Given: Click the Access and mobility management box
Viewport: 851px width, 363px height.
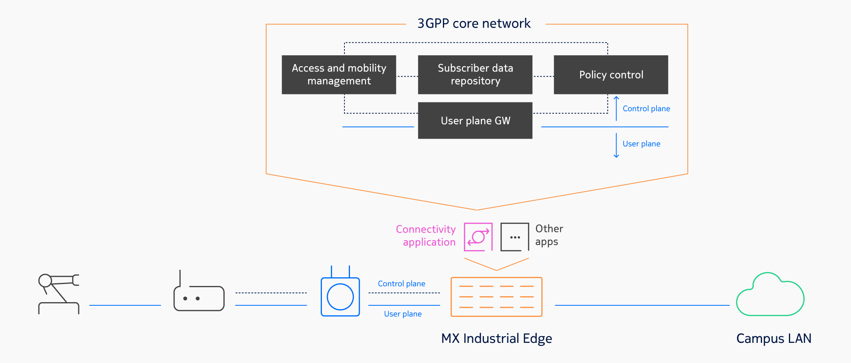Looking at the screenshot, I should [x=339, y=75].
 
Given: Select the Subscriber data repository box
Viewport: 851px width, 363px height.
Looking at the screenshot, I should [x=475, y=75].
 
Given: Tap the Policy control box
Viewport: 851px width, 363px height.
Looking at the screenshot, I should [x=611, y=75].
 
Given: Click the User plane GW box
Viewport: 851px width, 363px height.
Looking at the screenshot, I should [x=475, y=120].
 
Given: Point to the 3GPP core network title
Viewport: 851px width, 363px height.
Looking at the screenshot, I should [x=474, y=24].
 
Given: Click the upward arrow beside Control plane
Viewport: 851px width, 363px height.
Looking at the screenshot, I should [x=616, y=108].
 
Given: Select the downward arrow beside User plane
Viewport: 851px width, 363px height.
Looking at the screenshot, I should [x=616, y=145].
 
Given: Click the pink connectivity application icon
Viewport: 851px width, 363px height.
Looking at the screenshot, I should [x=478, y=237].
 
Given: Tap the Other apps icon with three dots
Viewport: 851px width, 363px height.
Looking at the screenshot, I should [x=514, y=237].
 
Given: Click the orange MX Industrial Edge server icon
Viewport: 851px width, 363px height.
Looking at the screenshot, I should [x=496, y=297].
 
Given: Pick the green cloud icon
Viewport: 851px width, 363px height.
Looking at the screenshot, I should [x=770, y=295].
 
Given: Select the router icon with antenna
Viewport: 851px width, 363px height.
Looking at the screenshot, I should [x=199, y=294].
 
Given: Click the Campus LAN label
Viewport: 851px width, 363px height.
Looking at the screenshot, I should [x=773, y=339].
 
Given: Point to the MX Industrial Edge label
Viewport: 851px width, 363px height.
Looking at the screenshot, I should [x=496, y=339].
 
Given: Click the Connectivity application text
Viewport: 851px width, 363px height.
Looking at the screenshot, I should [x=426, y=235].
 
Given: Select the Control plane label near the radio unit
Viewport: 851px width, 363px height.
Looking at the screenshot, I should [x=401, y=284].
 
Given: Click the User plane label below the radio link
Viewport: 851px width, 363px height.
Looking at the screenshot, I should [x=403, y=314].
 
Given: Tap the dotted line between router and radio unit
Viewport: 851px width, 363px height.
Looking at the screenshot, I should [x=271, y=293].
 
